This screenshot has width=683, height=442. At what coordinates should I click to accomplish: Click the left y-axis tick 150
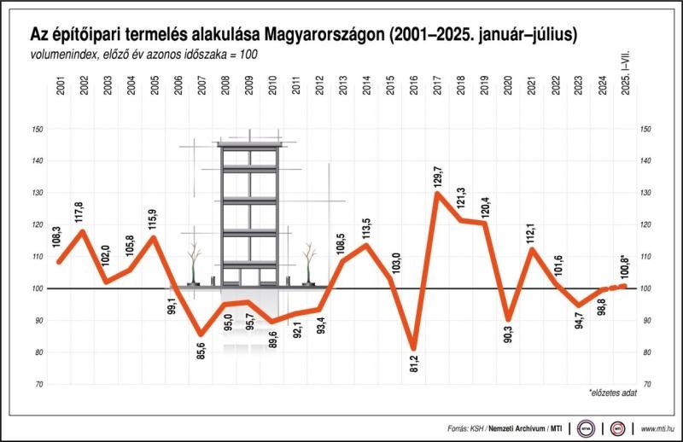[36, 129]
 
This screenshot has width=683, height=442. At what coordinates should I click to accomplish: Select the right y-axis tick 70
[646, 384]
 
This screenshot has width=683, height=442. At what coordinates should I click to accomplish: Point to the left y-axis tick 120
[36, 224]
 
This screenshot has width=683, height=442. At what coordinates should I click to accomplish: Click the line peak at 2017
[437, 193]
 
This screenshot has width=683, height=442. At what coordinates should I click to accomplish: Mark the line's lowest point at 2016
[414, 348]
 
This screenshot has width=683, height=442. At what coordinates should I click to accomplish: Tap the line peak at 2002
[82, 230]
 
